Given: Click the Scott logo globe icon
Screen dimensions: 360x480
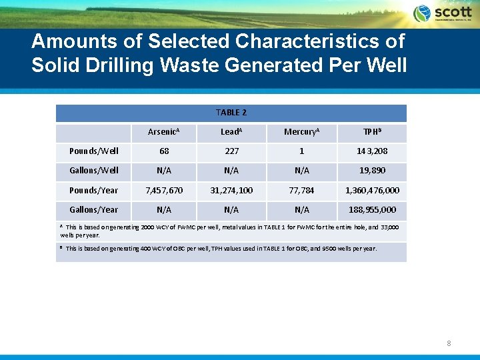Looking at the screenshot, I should tap(422, 13).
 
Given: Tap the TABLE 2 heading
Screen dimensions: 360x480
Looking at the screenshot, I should tap(231, 113).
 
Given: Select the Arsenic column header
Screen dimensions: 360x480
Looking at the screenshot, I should tap(163, 132).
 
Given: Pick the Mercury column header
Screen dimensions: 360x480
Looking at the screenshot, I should tap(301, 132).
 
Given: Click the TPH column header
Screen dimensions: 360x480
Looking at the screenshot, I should tap(372, 132).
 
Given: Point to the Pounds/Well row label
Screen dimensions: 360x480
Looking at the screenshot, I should tap(94, 151).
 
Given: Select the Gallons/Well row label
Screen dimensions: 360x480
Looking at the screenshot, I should tap(94, 171).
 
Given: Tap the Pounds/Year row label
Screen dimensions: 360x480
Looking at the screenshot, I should tap(94, 191).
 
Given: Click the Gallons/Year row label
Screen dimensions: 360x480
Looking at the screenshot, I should tap(94, 210).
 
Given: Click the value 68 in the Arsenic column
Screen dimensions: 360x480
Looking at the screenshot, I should tap(163, 151).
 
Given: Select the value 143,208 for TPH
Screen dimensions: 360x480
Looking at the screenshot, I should tap(372, 151).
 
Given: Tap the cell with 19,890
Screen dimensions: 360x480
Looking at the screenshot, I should tap(372, 171).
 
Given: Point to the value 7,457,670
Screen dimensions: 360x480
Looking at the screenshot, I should tap(163, 191).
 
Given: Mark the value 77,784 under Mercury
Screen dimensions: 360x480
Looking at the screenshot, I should tap(301, 191).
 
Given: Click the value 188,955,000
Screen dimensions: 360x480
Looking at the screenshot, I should tap(372, 210).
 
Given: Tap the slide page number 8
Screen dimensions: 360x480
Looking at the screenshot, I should tap(449, 344).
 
